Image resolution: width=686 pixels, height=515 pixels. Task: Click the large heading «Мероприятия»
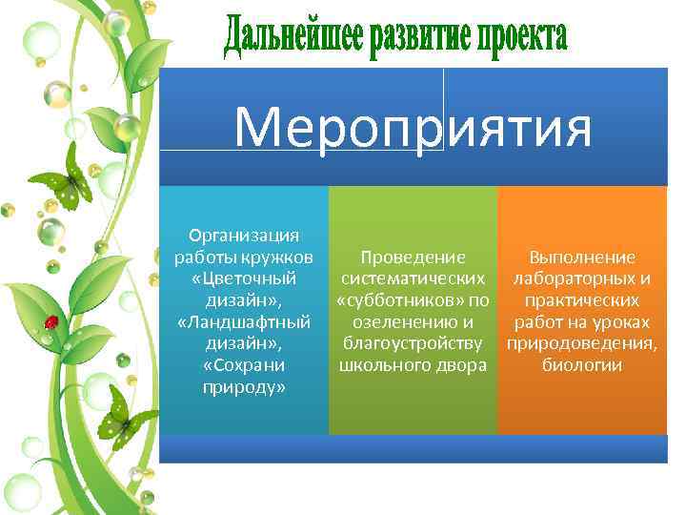click(x=413, y=130)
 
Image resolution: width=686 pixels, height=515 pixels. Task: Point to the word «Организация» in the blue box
click(x=244, y=235)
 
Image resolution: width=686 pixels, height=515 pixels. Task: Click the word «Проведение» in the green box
click(x=413, y=257)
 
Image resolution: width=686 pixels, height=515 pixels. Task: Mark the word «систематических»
click(x=413, y=278)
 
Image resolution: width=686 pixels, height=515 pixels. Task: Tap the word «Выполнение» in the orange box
click(x=582, y=257)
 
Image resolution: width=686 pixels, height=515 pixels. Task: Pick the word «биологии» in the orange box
click(x=582, y=366)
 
